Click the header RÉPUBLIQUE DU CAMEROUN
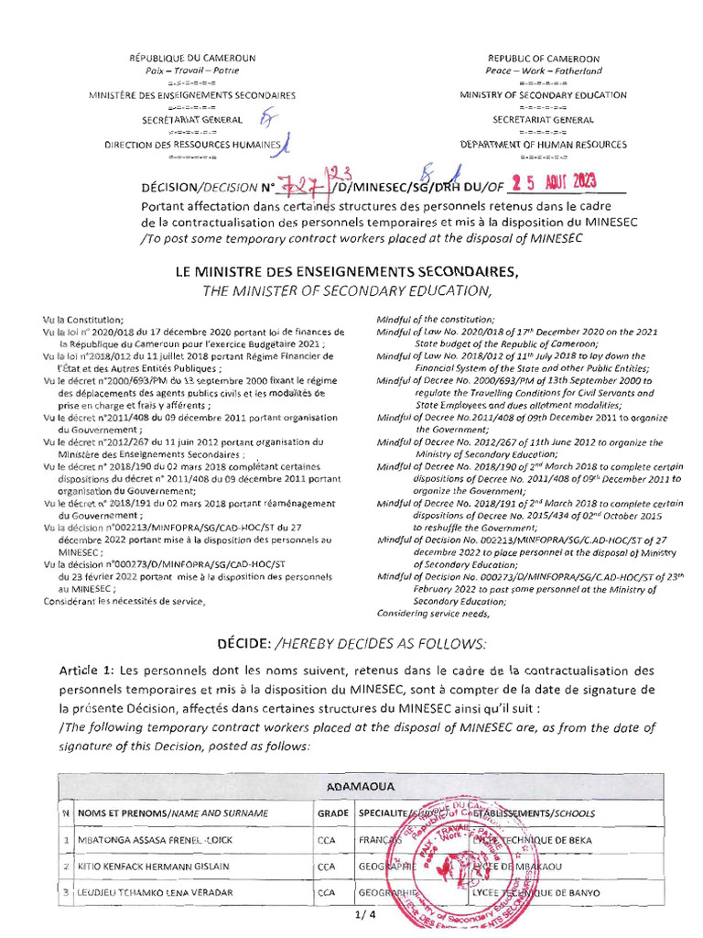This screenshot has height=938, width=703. click(191, 58)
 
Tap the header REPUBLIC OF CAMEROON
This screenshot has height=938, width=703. click(544, 58)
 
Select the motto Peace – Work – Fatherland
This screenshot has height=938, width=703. click(544, 70)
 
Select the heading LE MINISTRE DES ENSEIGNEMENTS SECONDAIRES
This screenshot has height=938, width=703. click(351, 272)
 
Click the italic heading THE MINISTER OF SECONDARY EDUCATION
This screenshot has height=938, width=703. click(351, 290)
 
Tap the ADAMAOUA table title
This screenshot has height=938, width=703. click(351, 787)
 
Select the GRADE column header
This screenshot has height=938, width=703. click(330, 813)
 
